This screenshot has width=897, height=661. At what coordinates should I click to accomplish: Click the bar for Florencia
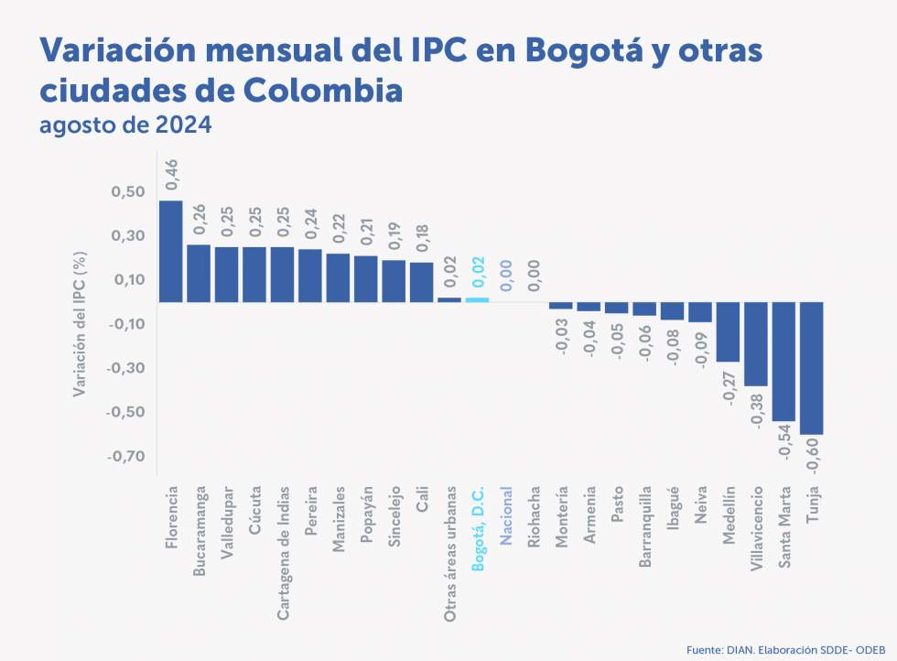coord(171,251)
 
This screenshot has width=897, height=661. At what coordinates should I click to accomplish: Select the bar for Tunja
coord(812,368)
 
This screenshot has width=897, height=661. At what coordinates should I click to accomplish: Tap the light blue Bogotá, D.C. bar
coord(478,299)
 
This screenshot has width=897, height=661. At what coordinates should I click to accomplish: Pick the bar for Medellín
coord(728,331)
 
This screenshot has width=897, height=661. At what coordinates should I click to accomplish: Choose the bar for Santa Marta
coord(784,362)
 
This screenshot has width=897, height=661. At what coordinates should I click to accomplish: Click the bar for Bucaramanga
coord(199,273)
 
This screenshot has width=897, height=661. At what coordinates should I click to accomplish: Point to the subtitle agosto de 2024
coord(125,124)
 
